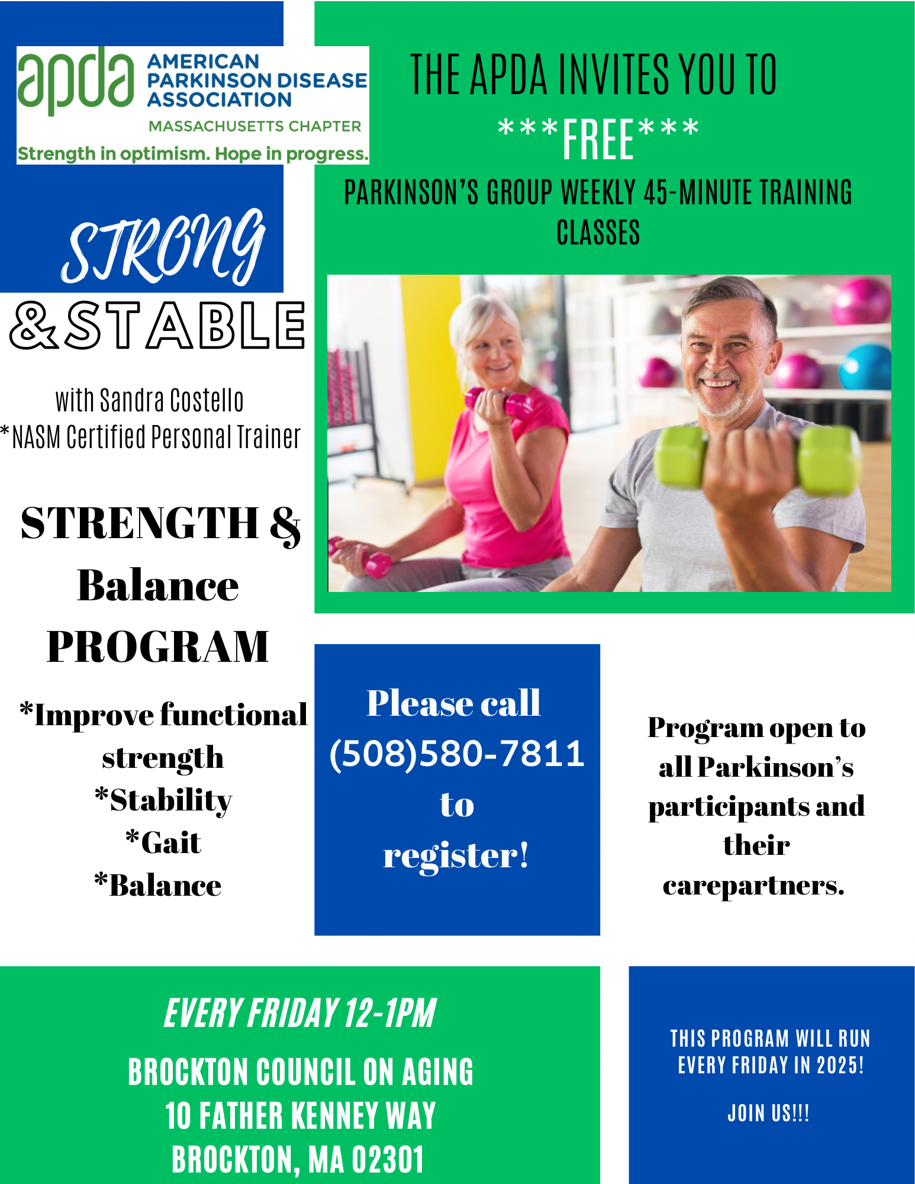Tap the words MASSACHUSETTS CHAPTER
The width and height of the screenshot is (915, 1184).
[x=254, y=126]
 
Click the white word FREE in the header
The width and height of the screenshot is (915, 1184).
[x=598, y=139]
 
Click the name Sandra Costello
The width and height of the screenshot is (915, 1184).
[x=172, y=400]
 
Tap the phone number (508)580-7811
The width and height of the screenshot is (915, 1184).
[x=457, y=754]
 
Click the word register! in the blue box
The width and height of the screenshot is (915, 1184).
[x=456, y=856]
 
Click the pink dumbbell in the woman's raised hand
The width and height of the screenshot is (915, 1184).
[x=500, y=403]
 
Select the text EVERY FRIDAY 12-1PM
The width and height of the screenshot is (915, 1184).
[x=300, y=1014]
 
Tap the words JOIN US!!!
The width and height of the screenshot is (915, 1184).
[x=768, y=1114]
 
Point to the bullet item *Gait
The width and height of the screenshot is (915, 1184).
[x=163, y=842]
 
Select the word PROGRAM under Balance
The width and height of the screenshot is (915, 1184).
[x=158, y=646]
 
